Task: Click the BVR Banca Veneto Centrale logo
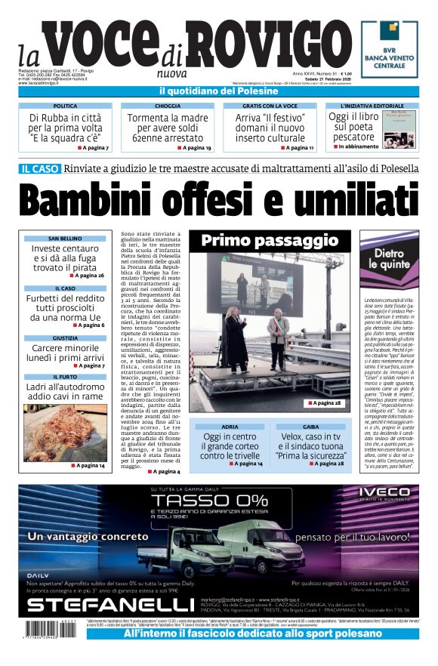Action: (x=389, y=50)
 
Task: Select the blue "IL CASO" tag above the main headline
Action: (x=40, y=168)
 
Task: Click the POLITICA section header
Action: (x=65, y=106)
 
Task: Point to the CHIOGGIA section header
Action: (x=168, y=106)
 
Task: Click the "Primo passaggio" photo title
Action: (x=270, y=241)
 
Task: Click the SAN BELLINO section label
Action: (x=65, y=239)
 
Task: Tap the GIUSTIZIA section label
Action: (x=65, y=338)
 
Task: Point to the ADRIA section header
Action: (x=231, y=427)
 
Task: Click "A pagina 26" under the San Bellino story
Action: (x=88, y=276)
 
